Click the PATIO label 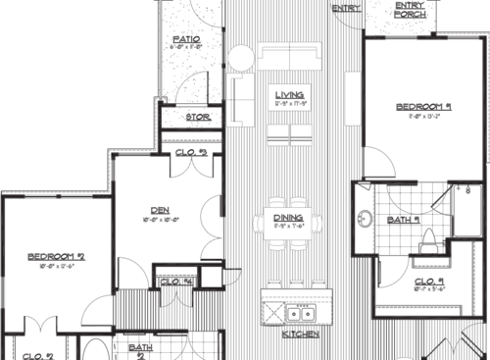tap(186, 35)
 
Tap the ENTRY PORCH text tap(409, 9)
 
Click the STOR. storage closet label tap(199, 118)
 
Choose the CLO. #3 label tap(190, 152)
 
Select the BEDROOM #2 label tap(56, 256)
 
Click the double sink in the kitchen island tap(297, 313)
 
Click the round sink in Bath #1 tap(364, 221)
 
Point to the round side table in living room tap(237, 55)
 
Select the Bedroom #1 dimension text tap(423, 117)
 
